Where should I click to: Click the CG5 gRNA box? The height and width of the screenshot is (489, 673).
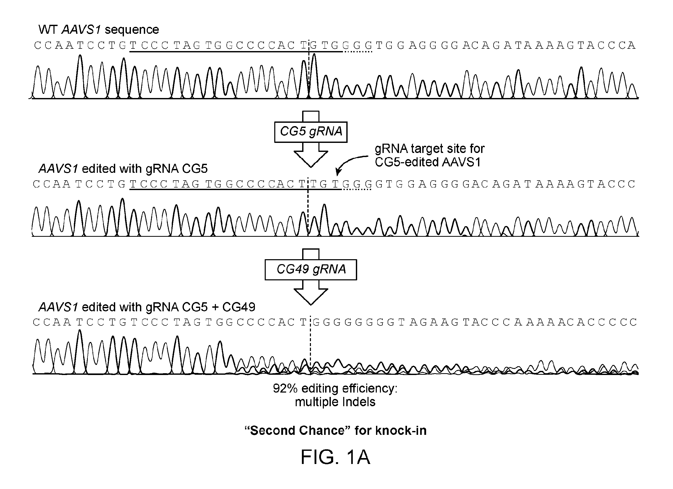point(311,132)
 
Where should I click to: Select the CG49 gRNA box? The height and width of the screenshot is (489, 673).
point(311,270)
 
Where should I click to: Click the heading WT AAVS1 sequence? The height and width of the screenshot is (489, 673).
point(98,30)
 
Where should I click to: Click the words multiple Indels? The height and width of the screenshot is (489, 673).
point(335,402)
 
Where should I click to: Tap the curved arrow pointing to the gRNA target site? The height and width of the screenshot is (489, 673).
point(350,162)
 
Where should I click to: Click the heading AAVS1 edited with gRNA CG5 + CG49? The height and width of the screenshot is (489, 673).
point(147,307)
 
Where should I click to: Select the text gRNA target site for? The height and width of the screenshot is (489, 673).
point(430,149)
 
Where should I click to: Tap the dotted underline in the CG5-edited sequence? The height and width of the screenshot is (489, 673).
point(356,189)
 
